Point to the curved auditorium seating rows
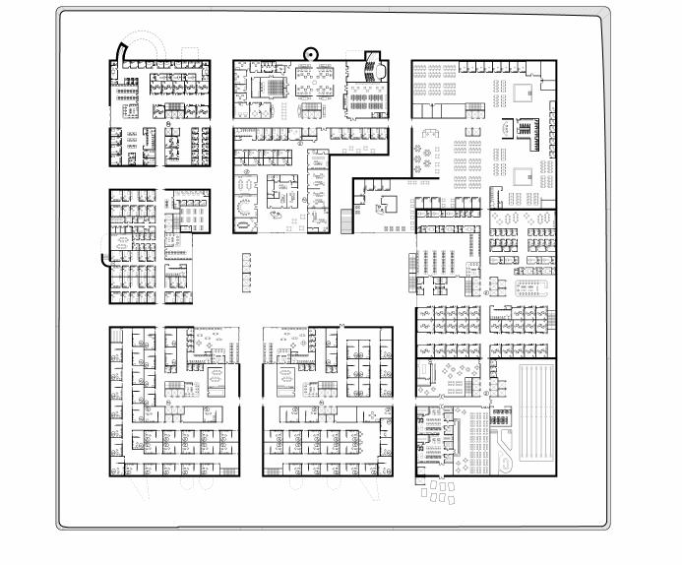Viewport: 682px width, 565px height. (372, 67)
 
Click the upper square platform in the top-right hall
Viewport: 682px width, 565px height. (521, 93)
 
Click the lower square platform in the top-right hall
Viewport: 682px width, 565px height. (520, 177)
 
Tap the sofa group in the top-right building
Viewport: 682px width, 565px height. (431, 133)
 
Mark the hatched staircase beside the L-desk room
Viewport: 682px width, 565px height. (344, 221)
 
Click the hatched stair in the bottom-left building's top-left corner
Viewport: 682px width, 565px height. (117, 337)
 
